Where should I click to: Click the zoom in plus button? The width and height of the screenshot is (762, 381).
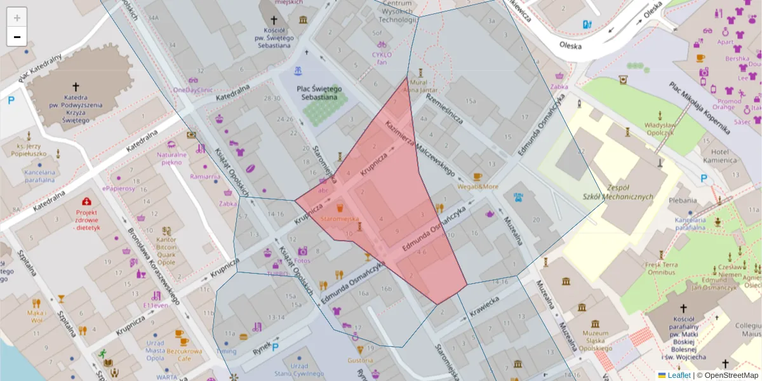pos(17,17)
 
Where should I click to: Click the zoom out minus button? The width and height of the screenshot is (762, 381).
pos(17,37)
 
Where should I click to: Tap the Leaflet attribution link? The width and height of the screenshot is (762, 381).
pos(679,375)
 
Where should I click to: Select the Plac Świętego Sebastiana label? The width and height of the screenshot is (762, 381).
pos(320,94)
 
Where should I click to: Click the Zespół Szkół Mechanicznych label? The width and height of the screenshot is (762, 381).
pos(618,192)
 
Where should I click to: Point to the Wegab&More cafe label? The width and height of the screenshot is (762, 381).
pos(478,186)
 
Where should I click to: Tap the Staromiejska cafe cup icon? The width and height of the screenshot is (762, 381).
pos(340,208)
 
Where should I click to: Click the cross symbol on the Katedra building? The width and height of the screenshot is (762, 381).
pos(76,86)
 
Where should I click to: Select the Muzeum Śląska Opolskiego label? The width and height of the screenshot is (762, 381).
pos(586,341)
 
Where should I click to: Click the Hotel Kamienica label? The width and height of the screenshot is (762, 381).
pos(724,156)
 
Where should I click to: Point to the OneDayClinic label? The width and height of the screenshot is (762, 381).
pos(193,90)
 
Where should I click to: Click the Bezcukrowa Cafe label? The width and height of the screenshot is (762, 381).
pos(181,354)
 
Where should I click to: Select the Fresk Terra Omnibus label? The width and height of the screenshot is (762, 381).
pos(661,268)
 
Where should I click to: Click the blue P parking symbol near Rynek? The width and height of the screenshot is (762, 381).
pos(276,347)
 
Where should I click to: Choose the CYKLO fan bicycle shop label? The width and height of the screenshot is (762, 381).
pos(382,58)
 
